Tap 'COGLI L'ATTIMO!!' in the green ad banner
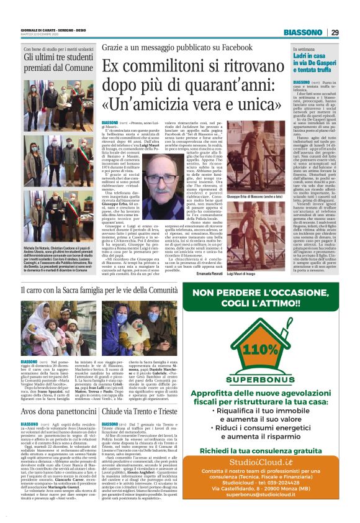coord(268,305)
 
